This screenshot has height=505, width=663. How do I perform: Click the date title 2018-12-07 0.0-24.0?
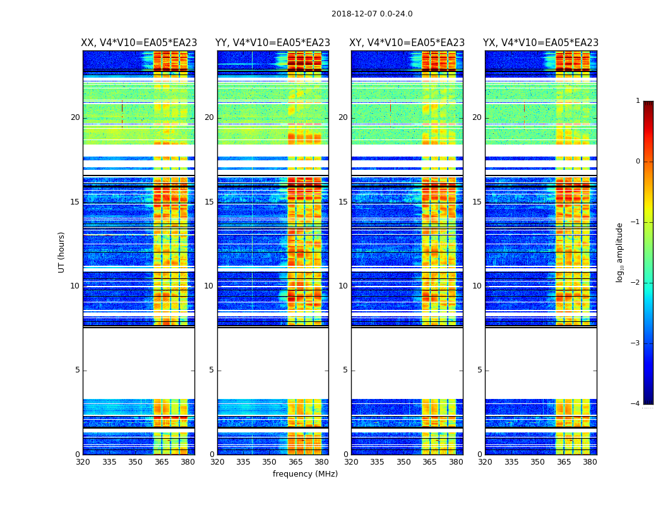pos(372,14)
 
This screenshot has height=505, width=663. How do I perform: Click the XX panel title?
pos(139,43)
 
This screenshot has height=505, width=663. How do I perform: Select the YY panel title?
pos(273,43)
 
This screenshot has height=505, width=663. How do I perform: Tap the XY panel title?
pos(407,43)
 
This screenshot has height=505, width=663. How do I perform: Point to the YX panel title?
pos(541,43)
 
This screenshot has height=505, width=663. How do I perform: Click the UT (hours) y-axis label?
pos(61,252)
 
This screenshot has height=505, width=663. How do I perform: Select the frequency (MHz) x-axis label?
pos(305,474)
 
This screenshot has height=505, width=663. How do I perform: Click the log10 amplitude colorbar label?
pos(620,252)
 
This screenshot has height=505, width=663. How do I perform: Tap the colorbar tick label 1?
pos(638,101)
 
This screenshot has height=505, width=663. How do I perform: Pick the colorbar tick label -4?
pos(636,404)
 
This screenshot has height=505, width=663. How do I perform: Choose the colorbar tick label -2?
pos(636,283)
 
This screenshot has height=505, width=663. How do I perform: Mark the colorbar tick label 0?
pos(638,162)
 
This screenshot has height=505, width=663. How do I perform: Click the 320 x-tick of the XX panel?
pos(83,462)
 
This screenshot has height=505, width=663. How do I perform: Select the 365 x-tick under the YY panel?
pos(296,462)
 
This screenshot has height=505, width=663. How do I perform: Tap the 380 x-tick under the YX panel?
pos(590,462)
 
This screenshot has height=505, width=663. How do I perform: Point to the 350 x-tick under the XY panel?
pos(403,462)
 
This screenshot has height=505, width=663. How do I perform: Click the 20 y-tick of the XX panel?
pos(75,117)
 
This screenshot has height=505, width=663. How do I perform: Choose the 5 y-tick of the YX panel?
pos(479,370)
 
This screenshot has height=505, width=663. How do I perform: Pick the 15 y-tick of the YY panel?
pos(209,202)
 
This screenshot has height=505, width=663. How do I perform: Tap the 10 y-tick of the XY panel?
pos(343,286)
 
